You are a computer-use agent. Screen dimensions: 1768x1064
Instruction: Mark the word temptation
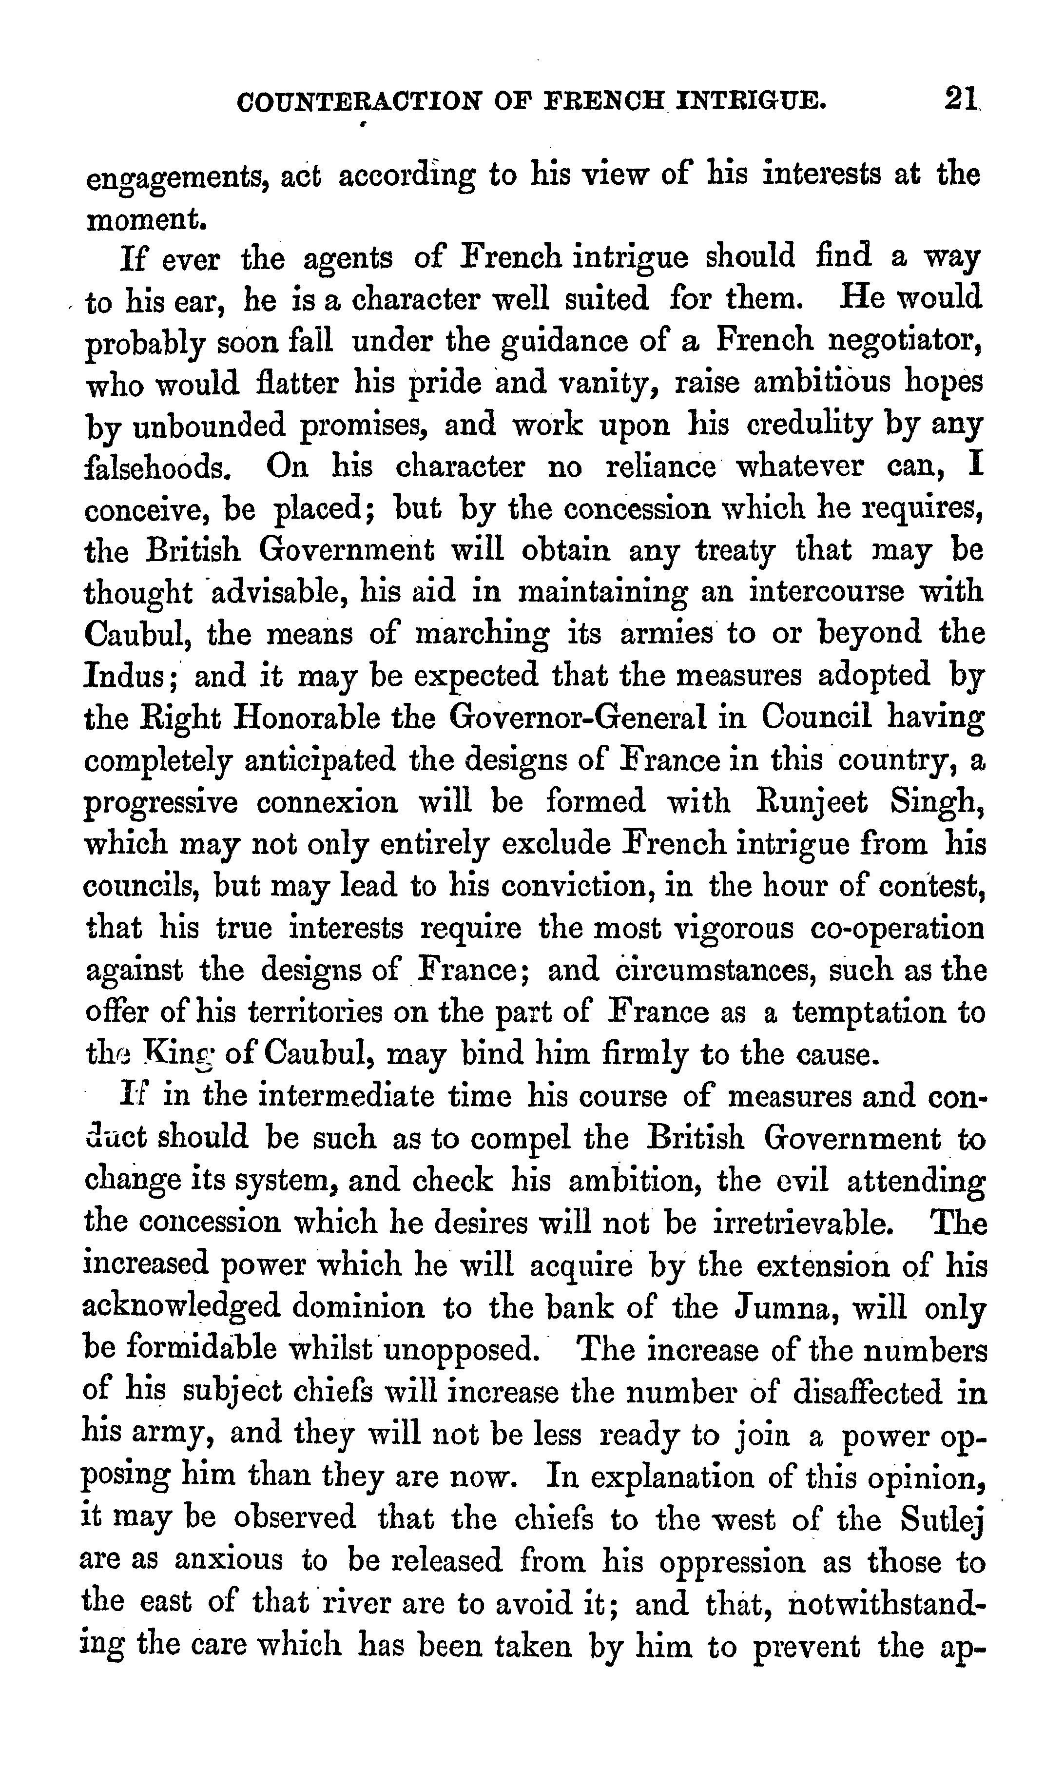point(868,1013)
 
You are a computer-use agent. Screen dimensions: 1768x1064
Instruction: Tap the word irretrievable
point(804,1223)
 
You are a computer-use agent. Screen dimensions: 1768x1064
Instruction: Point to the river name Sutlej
point(941,1519)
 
